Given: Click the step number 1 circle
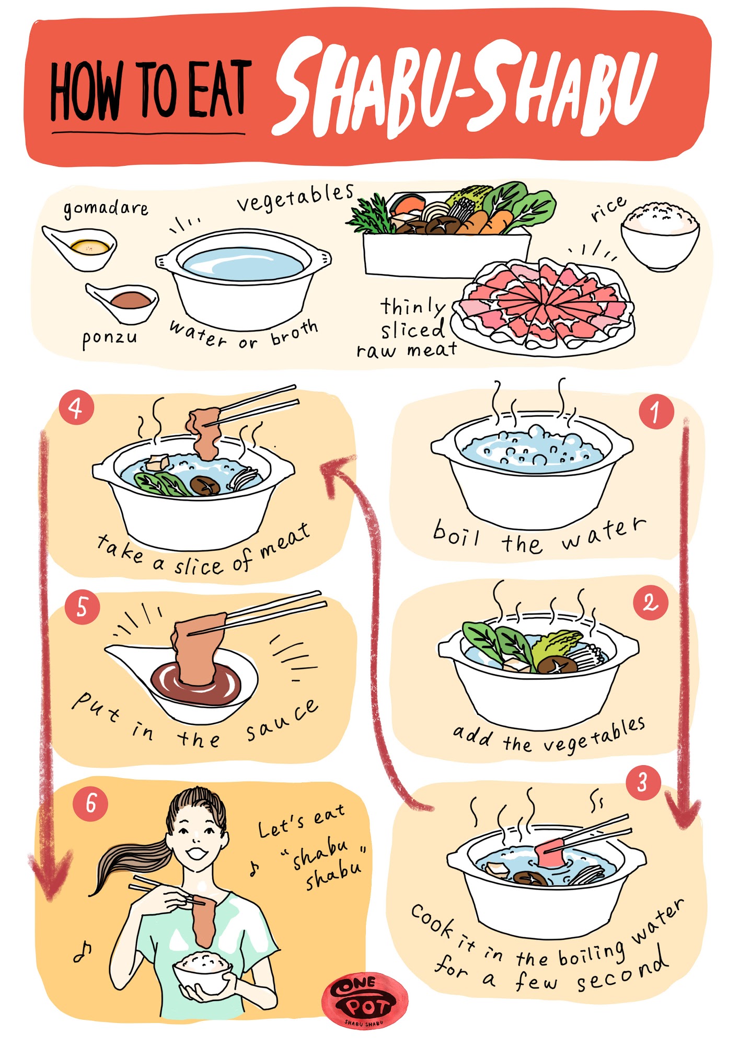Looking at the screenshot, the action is [656, 412].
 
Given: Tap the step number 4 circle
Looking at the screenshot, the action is [76, 407].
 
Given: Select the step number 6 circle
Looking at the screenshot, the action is [90, 803].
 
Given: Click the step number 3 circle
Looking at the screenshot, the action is [643, 782].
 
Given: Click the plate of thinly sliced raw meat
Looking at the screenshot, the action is [544, 307].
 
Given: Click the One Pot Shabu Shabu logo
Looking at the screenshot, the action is [365, 999].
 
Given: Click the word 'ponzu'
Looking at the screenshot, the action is [109, 338].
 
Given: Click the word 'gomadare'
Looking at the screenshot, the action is [106, 209].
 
